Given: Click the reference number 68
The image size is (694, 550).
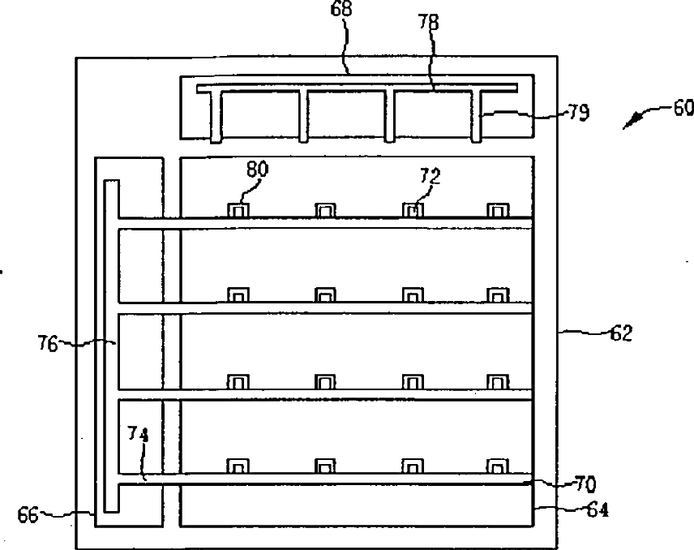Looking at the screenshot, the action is pos(341,8).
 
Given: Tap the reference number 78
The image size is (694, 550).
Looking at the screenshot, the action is pos(429,22).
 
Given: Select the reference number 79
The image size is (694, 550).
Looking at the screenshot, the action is pos(579,113).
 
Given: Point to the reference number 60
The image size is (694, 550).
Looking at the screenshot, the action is pos(683,108).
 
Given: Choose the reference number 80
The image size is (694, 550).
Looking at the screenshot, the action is pos(258,170).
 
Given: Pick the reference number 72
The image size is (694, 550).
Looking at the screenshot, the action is pos(431,176).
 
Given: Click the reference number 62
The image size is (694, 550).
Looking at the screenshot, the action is pos(621,333).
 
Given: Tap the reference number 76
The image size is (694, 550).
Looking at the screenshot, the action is pos(48,344).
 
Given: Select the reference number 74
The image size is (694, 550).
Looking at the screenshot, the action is pos(138,434).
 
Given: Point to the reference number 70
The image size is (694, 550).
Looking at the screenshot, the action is pos(585,484).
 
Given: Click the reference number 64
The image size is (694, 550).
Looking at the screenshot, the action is pos(598,510).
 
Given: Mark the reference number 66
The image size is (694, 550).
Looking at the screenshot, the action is pos(28,515).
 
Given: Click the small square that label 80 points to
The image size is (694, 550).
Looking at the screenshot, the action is pos(238,210).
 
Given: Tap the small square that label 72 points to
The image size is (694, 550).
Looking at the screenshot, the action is pos(413,210).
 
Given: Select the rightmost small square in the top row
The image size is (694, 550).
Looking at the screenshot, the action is pos(498,210).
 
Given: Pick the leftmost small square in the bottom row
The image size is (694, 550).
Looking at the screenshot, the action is pos(238,466).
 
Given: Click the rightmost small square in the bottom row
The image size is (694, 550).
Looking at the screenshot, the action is pos(498,466).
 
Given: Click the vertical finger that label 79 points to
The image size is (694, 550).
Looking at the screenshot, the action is pos(476,116).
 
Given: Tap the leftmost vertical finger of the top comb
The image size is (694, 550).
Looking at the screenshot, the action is pos(216,116).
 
